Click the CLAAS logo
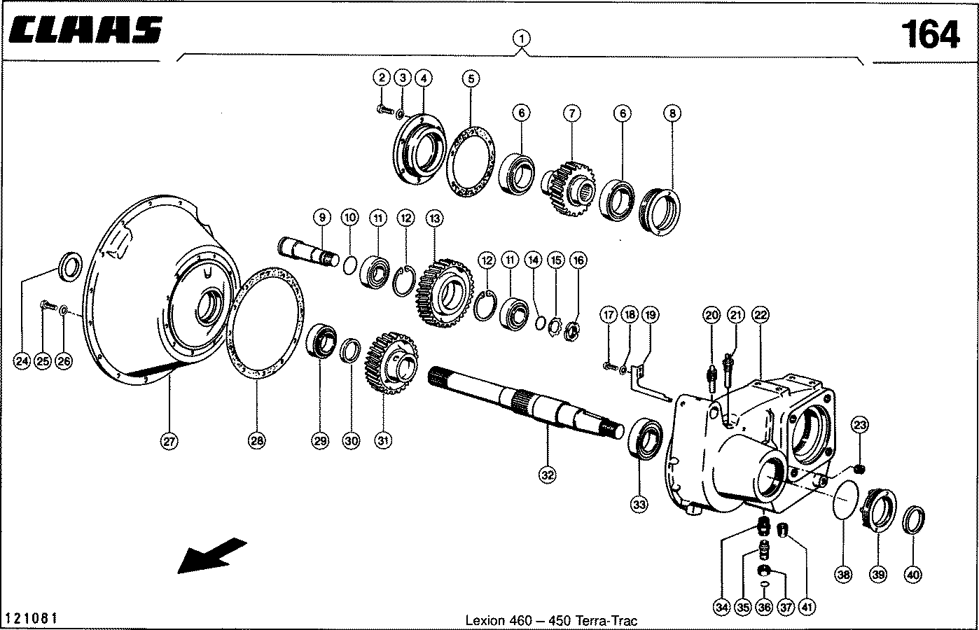click(88, 30)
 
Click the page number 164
click(929, 34)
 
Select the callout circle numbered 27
click(169, 441)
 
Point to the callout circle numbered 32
click(547, 475)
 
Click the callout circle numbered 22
click(760, 316)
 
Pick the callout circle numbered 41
click(809, 607)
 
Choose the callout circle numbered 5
click(471, 78)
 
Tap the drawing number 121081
click(31, 619)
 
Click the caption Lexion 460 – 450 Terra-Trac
click(551, 620)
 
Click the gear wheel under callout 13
click(442, 293)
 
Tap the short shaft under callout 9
click(308, 251)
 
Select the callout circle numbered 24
click(22, 361)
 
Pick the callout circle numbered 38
click(843, 575)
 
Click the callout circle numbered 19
click(650, 316)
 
